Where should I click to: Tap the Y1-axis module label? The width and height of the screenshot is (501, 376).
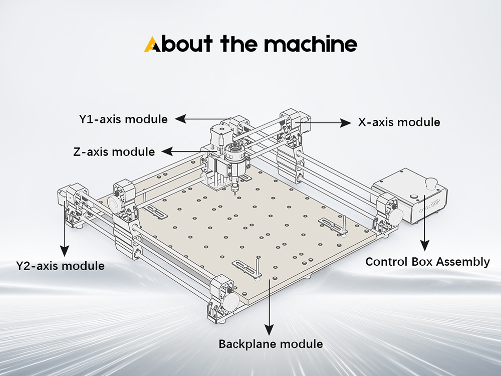point(123,119)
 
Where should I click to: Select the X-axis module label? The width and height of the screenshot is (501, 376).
point(399,122)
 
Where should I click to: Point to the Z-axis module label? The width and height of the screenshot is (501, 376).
point(114,151)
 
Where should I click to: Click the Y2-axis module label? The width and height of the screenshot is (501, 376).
point(60,265)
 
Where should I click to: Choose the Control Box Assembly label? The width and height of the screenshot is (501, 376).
point(427,261)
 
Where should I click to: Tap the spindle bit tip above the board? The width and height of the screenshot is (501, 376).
point(234,191)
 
